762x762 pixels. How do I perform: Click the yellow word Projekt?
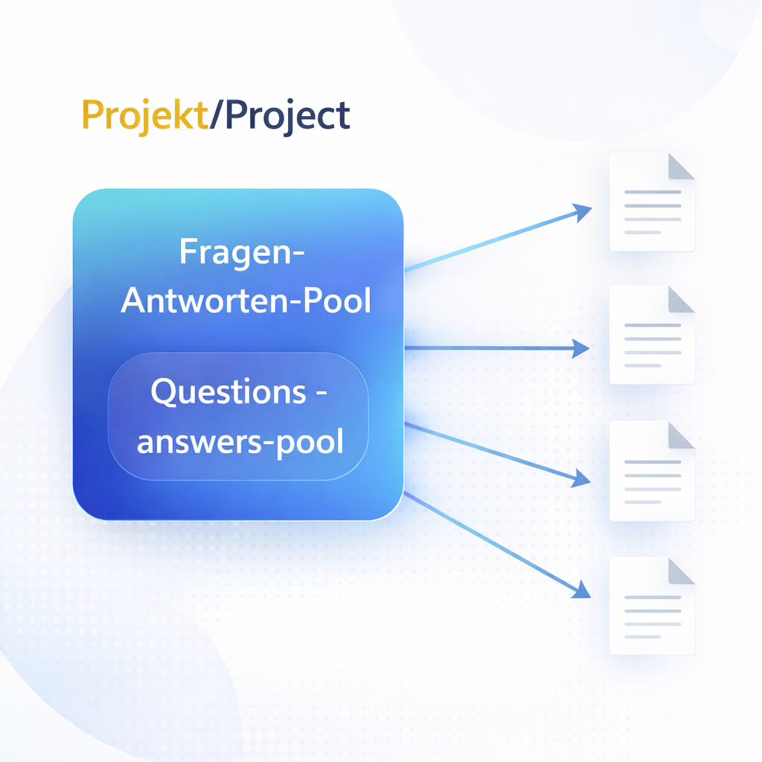tap(145, 115)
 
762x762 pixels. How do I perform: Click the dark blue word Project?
tap(287, 115)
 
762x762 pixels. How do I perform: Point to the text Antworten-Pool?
tap(246, 301)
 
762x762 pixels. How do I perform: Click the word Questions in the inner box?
tap(228, 391)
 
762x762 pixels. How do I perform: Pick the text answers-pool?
tap(240, 442)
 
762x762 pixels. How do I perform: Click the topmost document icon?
tap(652, 202)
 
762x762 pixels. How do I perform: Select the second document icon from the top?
tap(652, 335)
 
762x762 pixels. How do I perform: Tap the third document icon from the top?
tap(652, 471)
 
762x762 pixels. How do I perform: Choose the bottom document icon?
tap(652, 606)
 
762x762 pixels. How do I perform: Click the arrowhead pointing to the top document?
tap(582, 212)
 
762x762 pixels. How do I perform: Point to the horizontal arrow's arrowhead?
tap(580, 348)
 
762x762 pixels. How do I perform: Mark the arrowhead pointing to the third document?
tap(581, 478)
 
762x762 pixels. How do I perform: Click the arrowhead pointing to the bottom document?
tap(582, 589)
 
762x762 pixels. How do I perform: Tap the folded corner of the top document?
tap(682, 167)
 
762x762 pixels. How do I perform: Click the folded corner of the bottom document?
tap(682, 571)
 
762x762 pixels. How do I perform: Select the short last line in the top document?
tap(642, 232)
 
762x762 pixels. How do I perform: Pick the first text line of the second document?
tap(653, 325)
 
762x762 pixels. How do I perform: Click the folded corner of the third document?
tap(682, 435)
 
